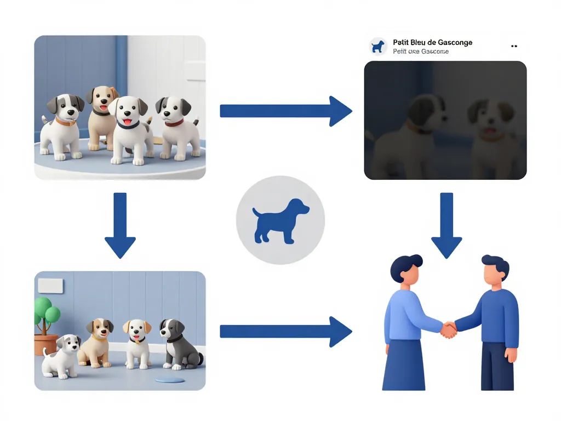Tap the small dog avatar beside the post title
[x=377, y=46]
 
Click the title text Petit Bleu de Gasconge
[x=432, y=42]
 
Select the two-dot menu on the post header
[x=514, y=47]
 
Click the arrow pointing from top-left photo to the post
[x=285, y=111]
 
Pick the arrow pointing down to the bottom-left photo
[x=119, y=225]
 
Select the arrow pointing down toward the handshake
[x=446, y=225]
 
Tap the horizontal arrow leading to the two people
[x=285, y=331]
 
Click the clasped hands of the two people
[x=449, y=329]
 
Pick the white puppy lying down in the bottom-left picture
[x=62, y=356]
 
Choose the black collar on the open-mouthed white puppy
[x=128, y=124]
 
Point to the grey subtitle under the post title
[x=420, y=52]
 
